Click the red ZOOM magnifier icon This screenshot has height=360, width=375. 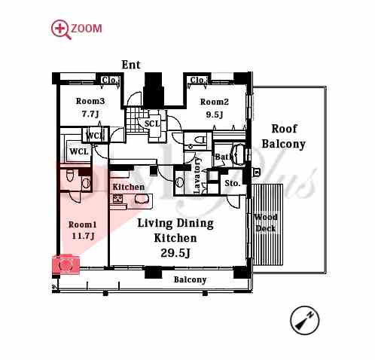click(x=61, y=29)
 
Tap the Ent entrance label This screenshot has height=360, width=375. click(x=131, y=65)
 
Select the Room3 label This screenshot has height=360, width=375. click(x=90, y=101)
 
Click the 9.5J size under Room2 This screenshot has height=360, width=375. click(x=215, y=114)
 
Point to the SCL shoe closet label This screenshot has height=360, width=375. click(x=152, y=124)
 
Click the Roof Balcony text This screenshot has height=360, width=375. click(x=284, y=136)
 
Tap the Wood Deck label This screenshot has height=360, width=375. click(x=266, y=223)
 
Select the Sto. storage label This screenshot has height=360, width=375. click(x=233, y=183)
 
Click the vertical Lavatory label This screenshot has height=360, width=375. click(x=197, y=175)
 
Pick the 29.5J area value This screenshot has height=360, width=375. click(x=175, y=253)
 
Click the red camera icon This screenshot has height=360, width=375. click(x=66, y=264)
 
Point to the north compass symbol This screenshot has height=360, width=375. click(x=304, y=320)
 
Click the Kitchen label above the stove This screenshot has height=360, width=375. click(x=129, y=187)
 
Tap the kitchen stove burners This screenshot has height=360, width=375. click(x=117, y=199)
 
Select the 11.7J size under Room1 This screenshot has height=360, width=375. click(x=83, y=236)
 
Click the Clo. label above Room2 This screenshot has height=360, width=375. click(x=198, y=80)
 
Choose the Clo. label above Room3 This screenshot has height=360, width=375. click(x=110, y=81)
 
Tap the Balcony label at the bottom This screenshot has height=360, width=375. click(x=190, y=279)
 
